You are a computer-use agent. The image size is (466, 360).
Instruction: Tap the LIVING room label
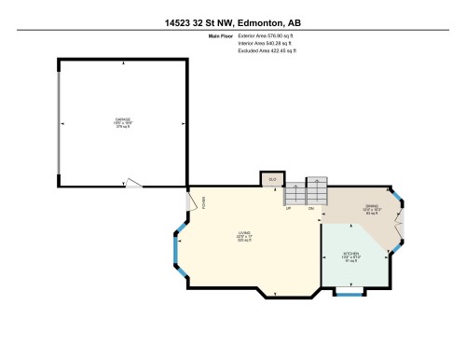point(244,233)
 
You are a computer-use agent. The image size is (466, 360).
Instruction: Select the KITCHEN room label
point(353,254)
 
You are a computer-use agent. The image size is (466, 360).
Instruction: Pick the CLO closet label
point(273,178)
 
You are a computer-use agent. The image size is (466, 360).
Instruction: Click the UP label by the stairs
point(289,208)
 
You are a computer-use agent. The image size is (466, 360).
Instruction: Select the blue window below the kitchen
point(349,296)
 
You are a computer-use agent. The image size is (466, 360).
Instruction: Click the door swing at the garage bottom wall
point(136,182)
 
